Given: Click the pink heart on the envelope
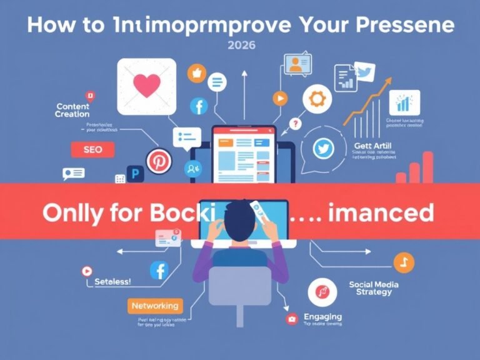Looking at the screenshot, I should point(147,86).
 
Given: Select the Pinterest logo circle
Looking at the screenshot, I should point(157,161).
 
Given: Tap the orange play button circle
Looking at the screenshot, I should point(279,98).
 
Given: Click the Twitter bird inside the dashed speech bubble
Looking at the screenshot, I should point(323,149).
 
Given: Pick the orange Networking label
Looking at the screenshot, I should point(154,306).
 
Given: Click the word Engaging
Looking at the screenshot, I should point(322,316).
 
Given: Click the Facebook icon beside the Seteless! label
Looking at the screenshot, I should point(159,271).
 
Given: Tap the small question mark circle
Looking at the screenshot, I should point(296,124).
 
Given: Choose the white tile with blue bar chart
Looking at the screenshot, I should point(404,102).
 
